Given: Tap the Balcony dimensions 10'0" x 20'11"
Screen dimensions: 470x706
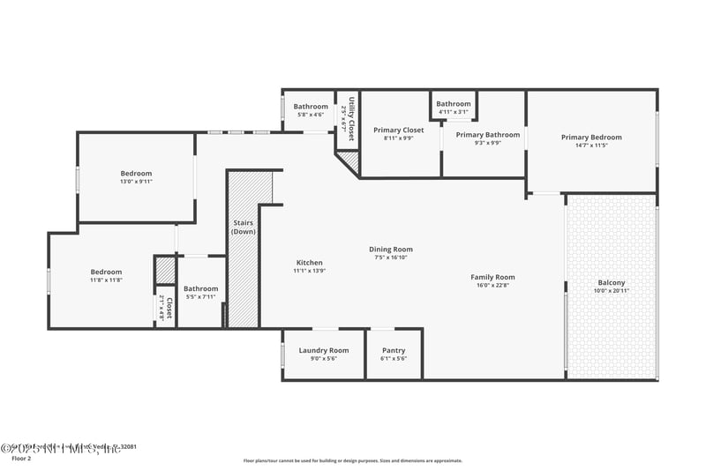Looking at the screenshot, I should coord(611,291).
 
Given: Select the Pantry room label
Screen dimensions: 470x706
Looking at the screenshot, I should coord(394,350).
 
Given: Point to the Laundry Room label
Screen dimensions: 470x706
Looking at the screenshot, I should coord(324,350).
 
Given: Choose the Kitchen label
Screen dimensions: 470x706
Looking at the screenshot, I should coord(309,263).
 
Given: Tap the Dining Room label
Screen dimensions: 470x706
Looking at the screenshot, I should coord(391,250).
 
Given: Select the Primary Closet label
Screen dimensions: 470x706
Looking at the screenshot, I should coord(399,131).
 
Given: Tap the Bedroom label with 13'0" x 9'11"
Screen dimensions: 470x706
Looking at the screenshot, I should coord(136,174).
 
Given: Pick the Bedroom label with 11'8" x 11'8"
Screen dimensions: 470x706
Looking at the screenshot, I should coord(106,272).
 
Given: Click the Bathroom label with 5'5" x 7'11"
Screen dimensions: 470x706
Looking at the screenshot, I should coord(200,288).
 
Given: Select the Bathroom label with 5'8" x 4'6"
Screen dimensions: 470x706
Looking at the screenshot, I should coord(311,107).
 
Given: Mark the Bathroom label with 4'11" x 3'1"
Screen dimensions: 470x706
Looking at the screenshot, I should coord(454,104).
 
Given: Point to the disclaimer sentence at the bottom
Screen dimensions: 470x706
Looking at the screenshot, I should coord(353,460).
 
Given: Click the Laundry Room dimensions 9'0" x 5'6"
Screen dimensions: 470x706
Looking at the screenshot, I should coord(324,359).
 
